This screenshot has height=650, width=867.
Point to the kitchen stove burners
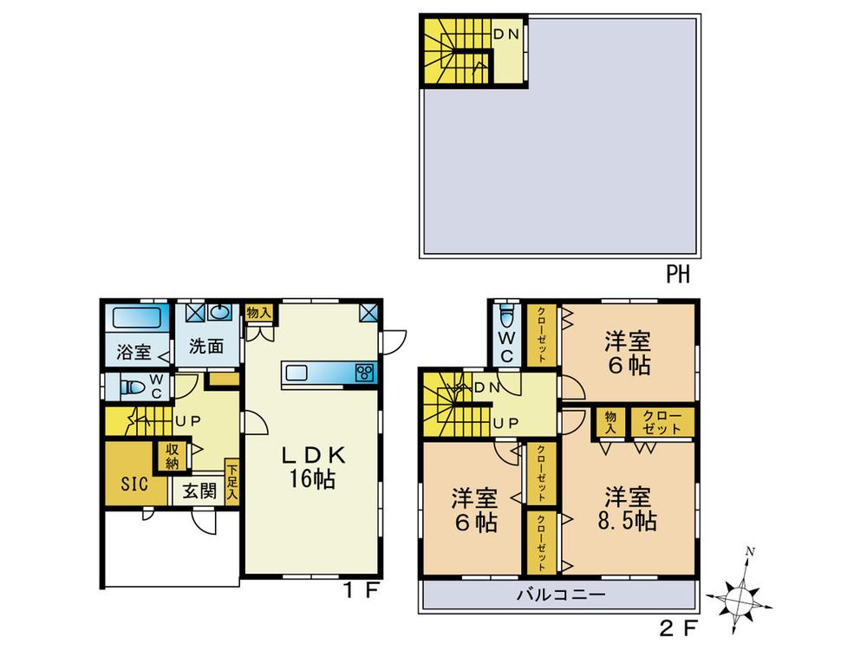362,373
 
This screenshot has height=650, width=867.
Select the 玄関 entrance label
199,491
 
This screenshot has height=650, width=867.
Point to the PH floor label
677,276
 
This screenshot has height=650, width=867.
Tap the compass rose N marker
752,550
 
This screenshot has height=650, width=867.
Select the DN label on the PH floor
506,34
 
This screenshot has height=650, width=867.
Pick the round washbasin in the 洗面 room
221,313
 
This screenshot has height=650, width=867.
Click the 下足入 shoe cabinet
231,481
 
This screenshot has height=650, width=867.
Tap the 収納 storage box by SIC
173,454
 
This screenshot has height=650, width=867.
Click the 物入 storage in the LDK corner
258,312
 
